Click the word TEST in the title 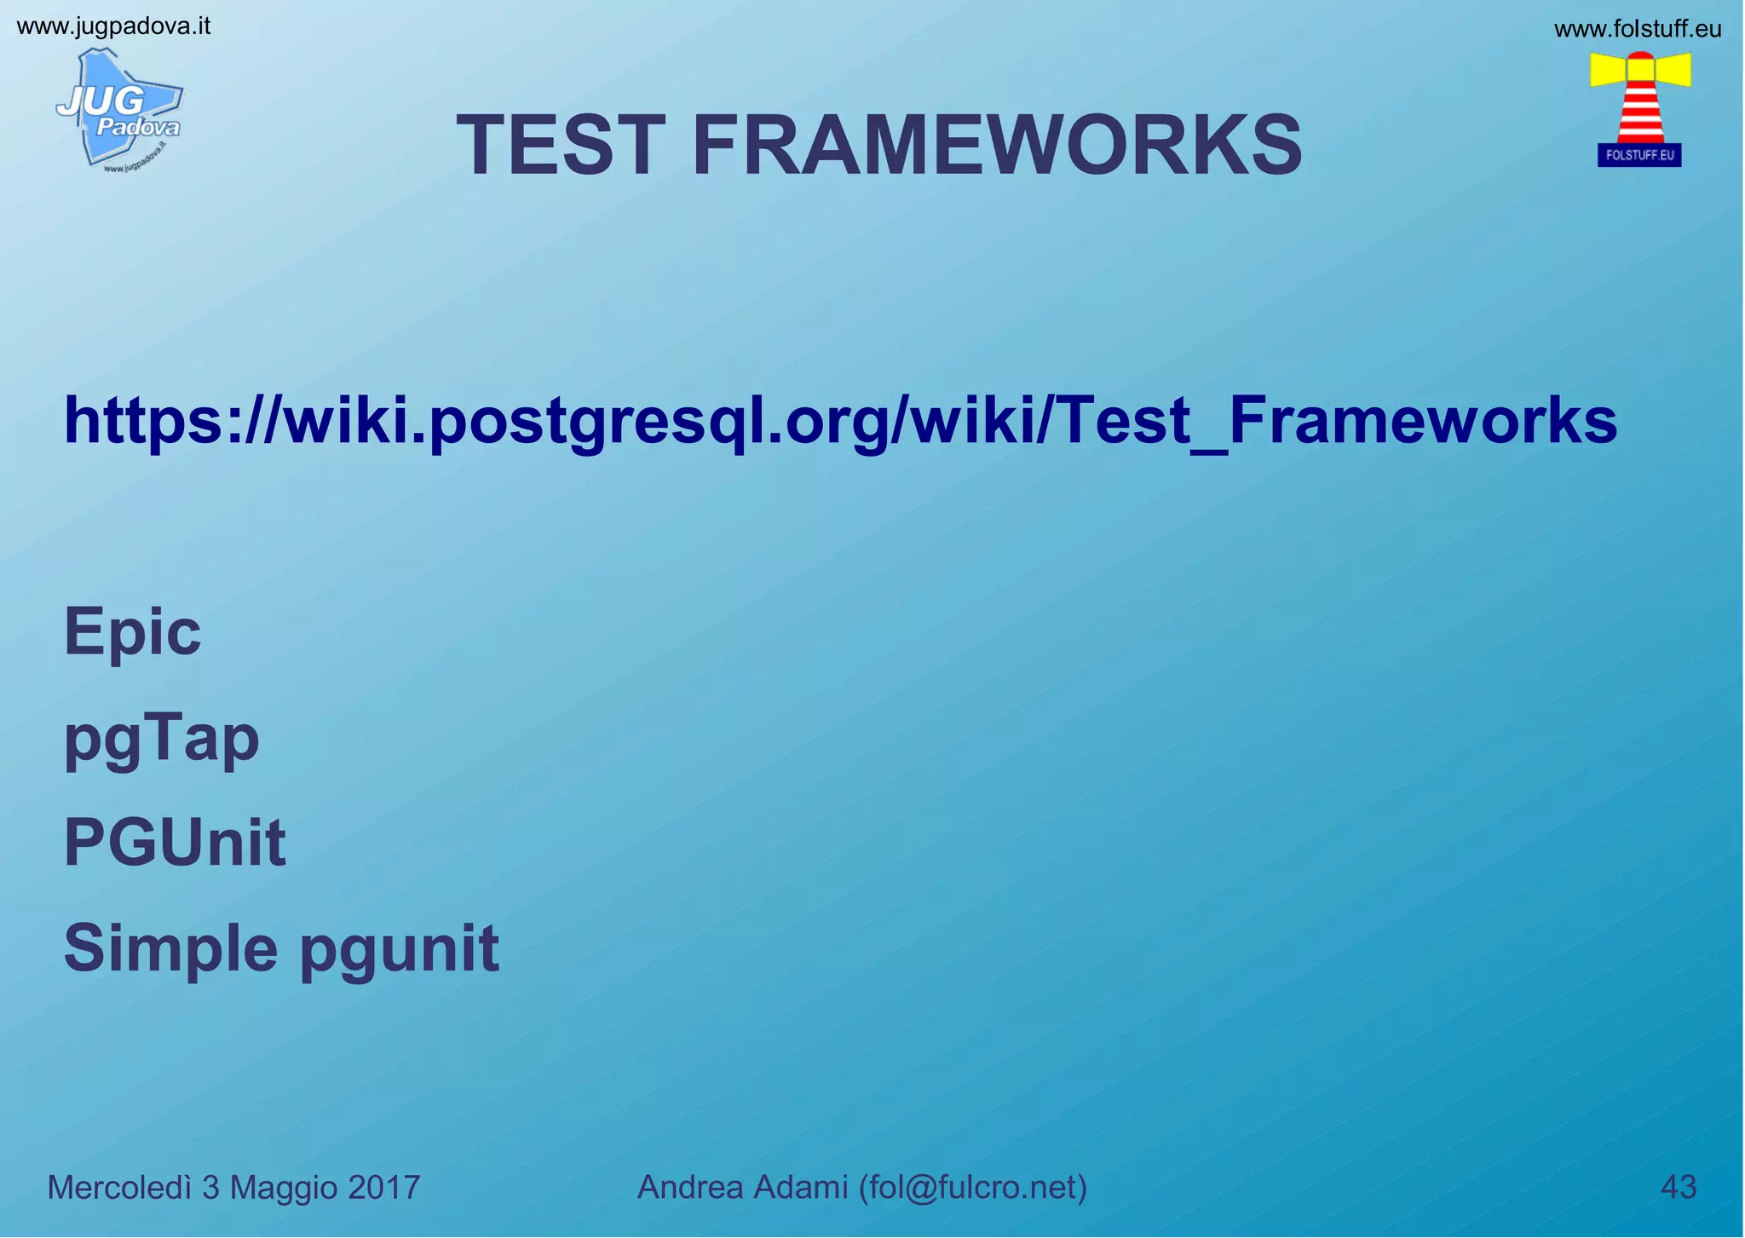coord(561,146)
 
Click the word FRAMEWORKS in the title coord(997,146)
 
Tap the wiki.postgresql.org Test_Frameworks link coord(840,421)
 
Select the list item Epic coord(133,632)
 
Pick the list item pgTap coord(162,740)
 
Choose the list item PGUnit coord(175,844)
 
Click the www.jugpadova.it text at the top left coord(113,26)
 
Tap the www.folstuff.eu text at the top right coord(1637,30)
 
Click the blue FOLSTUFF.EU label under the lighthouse coord(1639,155)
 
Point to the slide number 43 coord(1679,1187)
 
